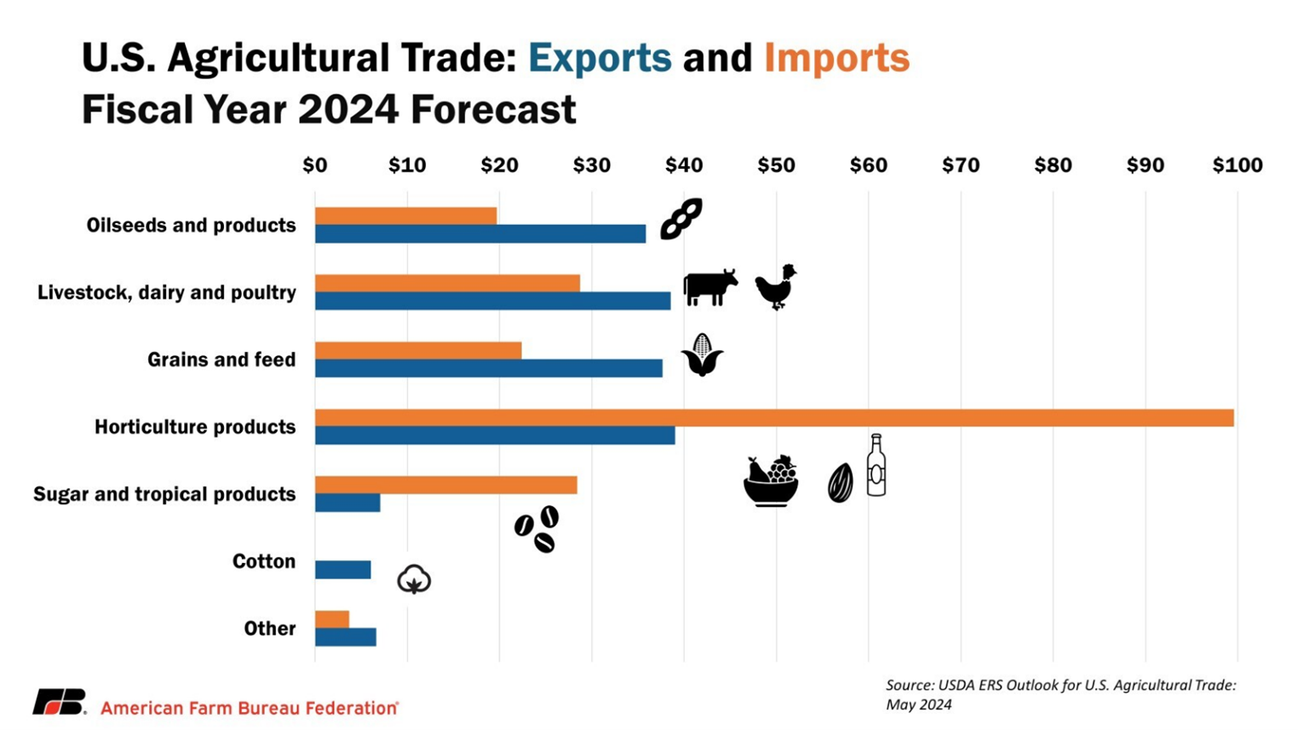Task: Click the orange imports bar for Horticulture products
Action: tap(773, 417)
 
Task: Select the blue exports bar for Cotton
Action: tap(342, 570)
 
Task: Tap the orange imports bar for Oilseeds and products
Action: tap(405, 216)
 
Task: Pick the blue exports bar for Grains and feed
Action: tap(488, 368)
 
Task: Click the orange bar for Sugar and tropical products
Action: tap(445, 485)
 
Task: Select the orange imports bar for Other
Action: tap(331, 619)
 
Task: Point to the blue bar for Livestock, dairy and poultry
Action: tap(492, 301)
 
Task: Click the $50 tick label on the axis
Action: tap(776, 165)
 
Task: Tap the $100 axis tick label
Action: tap(1237, 165)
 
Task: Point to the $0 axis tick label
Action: tap(314, 165)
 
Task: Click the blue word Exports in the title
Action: tap(600, 58)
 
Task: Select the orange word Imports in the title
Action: tap(836, 58)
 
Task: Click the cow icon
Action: tap(709, 287)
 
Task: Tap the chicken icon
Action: tap(776, 287)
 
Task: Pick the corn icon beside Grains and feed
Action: tap(702, 354)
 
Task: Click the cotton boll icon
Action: tap(414, 579)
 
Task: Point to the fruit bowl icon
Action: tap(771, 481)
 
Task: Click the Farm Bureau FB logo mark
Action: tap(60, 702)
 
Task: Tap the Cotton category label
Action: tap(264, 561)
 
